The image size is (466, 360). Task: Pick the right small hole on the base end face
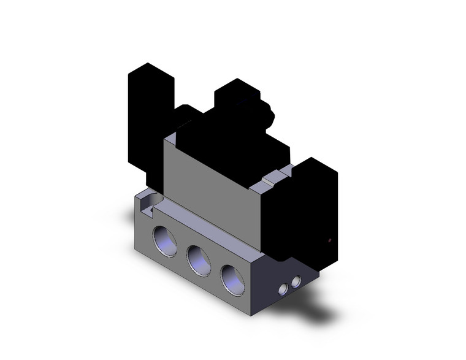point(297,281)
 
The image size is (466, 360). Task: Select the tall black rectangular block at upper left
point(148,117)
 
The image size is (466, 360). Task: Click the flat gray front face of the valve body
point(208,184)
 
